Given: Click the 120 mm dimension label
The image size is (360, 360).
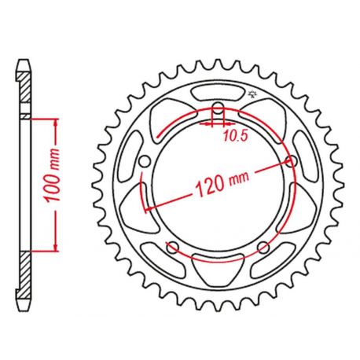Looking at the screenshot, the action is pyautogui.click(x=222, y=185).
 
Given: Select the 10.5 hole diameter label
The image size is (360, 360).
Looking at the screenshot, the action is pyautogui.click(x=236, y=135).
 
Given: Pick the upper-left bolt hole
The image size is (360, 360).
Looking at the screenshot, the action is pyautogui.click(x=145, y=162).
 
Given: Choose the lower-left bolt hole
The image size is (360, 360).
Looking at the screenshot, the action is pyautogui.click(x=173, y=248).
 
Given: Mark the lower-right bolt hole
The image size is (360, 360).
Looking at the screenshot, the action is pyautogui.click(x=263, y=248).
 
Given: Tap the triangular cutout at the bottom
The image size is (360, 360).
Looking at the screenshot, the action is pyautogui.click(x=217, y=270).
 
